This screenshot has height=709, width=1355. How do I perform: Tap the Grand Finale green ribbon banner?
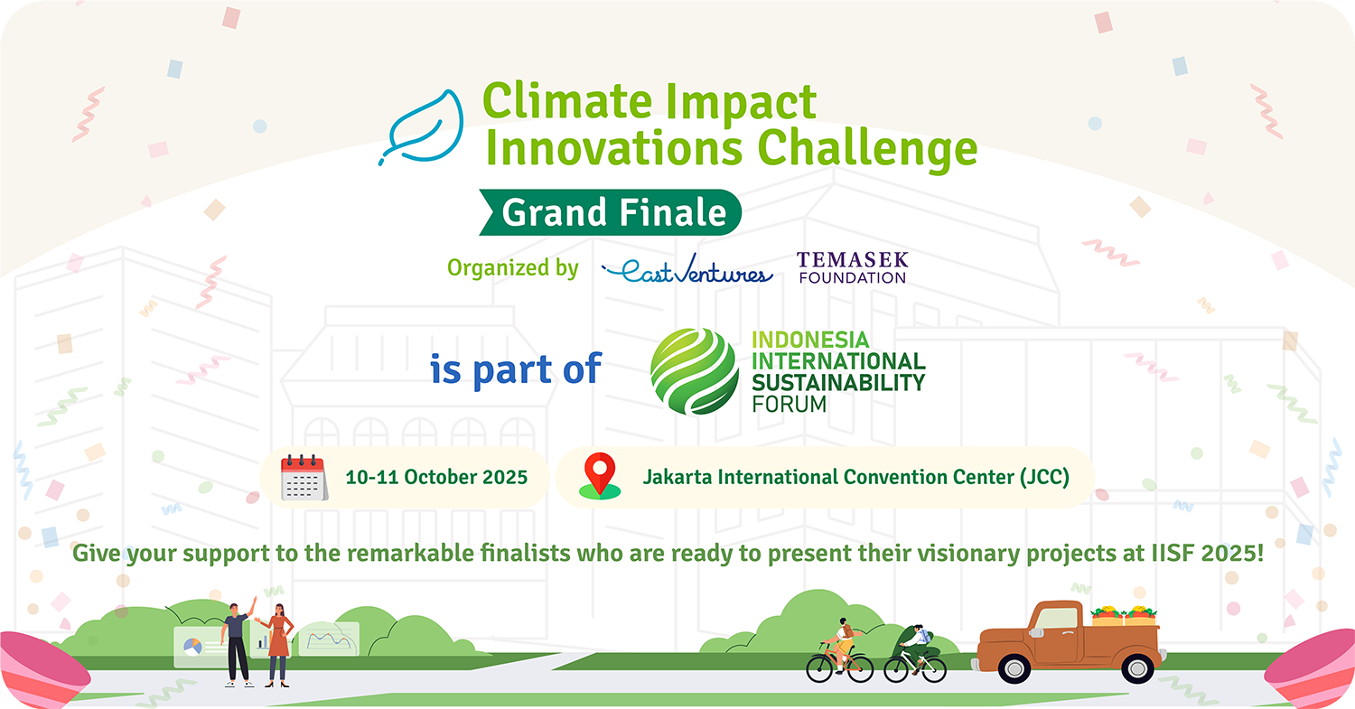point(611,212)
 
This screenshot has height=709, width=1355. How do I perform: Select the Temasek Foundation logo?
point(853,267)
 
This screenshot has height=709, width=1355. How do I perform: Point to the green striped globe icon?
point(695,371)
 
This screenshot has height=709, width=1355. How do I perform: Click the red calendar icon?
point(304,477)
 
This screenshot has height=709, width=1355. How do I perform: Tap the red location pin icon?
point(600,476)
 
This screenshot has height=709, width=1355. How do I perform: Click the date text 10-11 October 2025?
point(436,477)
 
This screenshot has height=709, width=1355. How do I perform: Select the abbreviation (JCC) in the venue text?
point(1044,477)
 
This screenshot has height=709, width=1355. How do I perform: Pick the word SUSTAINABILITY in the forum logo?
point(838,383)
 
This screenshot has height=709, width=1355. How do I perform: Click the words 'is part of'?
point(516,369)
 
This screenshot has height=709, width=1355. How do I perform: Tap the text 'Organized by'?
point(513,268)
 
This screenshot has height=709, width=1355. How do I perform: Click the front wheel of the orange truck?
point(1014,668)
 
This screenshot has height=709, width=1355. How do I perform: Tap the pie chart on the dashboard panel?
point(192,647)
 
